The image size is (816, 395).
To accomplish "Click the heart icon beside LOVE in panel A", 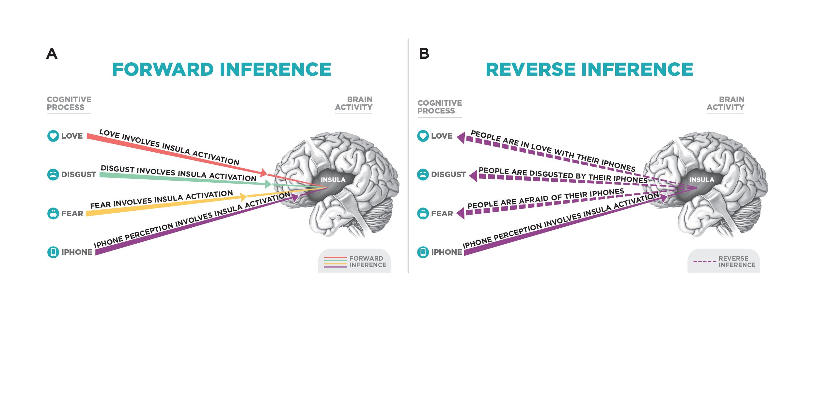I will point(53,136).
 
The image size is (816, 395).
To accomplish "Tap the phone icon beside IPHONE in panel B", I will point(423,252).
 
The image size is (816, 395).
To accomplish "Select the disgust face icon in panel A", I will point(53,175).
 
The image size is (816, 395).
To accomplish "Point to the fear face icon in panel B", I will point(423,213).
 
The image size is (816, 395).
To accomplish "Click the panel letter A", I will point(52,53).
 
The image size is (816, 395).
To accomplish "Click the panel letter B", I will point(424,53).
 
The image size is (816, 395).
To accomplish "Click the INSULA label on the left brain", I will point(333,180).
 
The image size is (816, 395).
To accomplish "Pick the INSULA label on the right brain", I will point(702,180).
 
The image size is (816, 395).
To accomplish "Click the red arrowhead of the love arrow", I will point(264,173).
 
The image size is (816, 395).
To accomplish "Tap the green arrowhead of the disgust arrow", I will point(268,184).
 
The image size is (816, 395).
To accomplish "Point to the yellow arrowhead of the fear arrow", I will point(243,197).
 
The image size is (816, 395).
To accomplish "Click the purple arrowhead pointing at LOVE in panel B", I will point(461,138).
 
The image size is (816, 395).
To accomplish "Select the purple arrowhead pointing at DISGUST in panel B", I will point(474,176).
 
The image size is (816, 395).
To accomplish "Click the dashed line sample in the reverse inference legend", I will point(704,262).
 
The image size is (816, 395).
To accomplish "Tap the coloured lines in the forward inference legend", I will point(335,262).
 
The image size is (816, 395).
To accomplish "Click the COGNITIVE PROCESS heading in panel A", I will point(69,103).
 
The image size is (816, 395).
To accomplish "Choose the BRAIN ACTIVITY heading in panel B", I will point(725,103).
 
